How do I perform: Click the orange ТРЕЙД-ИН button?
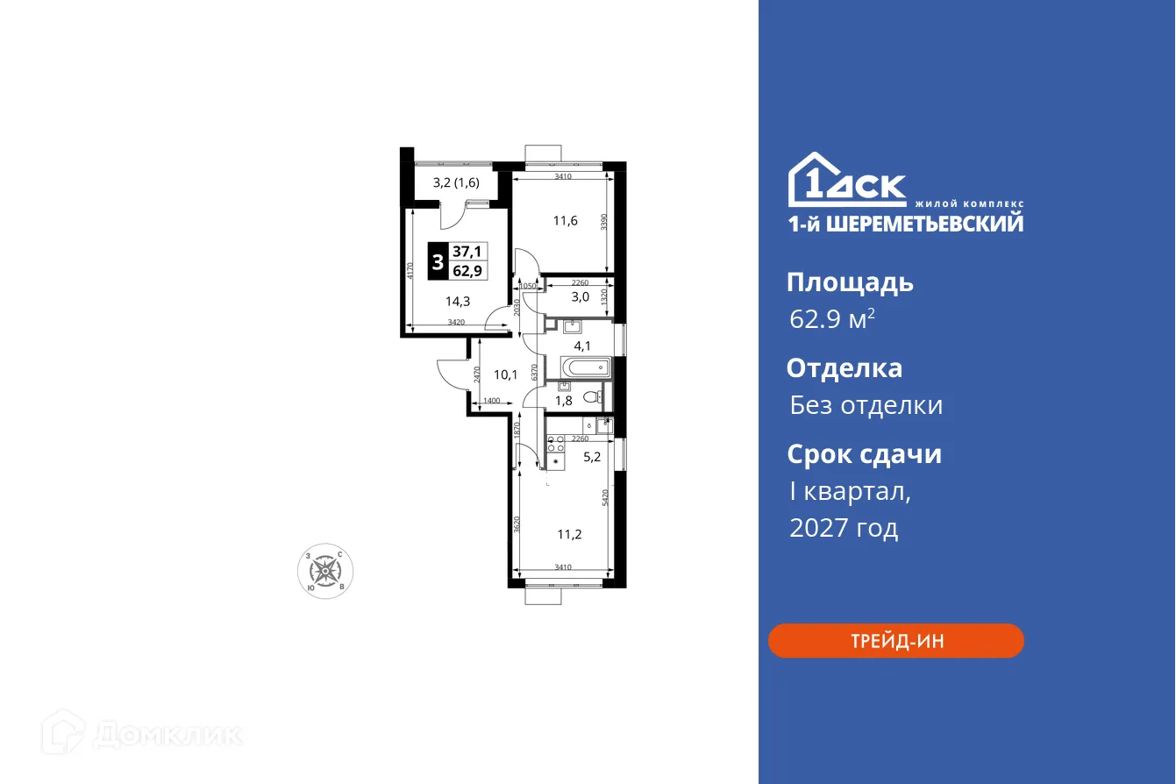pyautogui.click(x=895, y=640)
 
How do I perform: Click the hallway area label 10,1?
pyautogui.click(x=505, y=374)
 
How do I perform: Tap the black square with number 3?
pyautogui.click(x=437, y=261)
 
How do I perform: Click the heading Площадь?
pyautogui.click(x=849, y=282)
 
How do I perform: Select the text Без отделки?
pyautogui.click(x=866, y=405)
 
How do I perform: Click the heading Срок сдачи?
pyautogui.click(x=863, y=454)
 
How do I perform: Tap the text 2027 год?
pyautogui.click(x=843, y=528)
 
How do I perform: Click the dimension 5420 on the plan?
pyautogui.click(x=605, y=501)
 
